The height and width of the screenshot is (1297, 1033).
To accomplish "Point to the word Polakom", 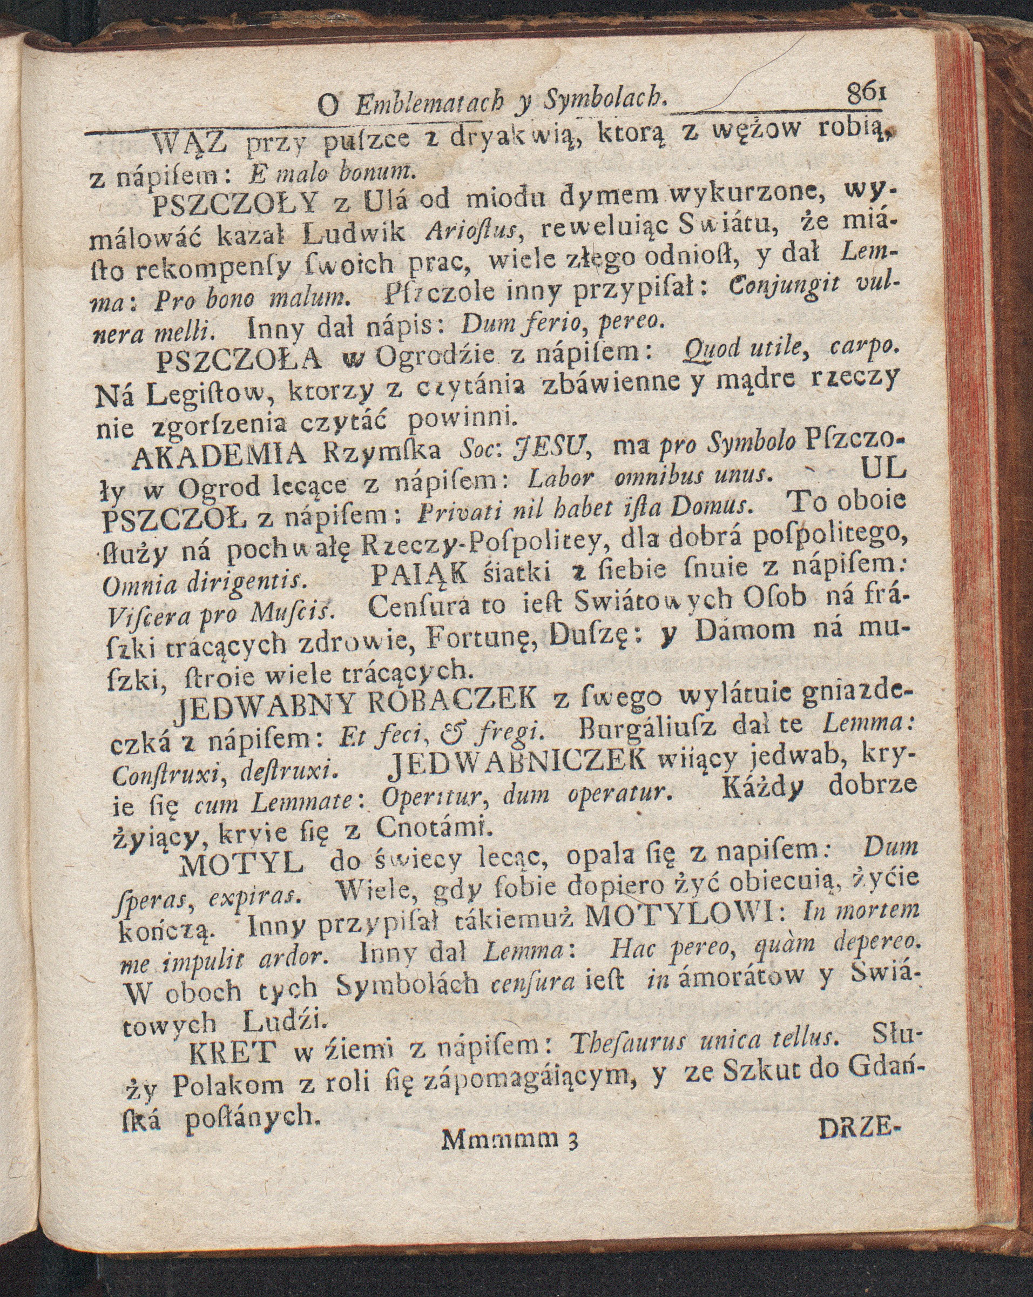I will [x=228, y=1087].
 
